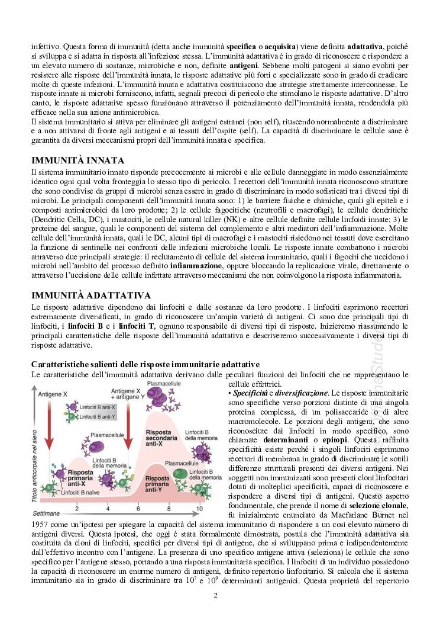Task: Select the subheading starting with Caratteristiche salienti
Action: [145, 363]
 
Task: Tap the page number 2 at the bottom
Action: [216, 595]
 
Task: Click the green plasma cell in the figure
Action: [180, 473]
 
